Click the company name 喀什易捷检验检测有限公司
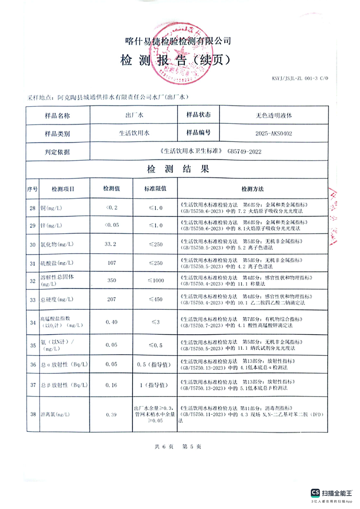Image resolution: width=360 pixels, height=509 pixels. point(178,40)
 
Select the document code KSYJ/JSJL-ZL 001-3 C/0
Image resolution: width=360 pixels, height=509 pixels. point(299,78)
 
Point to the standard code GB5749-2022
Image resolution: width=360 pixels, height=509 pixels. point(244,152)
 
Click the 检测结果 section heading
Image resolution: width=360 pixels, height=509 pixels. point(178,170)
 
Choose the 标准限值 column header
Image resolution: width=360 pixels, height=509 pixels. point(155,188)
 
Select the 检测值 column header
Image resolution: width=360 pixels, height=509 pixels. point(111,188)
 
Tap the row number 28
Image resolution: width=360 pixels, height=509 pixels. point(32,208)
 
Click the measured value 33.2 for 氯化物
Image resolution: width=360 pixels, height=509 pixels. point(111,244)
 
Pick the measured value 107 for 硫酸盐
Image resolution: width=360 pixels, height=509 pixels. point(112,263)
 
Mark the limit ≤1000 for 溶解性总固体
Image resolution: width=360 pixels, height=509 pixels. point(155,281)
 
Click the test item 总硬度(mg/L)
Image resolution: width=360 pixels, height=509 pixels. point(57,300)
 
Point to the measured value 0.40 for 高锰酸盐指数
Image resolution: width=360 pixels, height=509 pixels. point(111,322)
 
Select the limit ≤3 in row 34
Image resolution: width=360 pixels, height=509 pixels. point(155,322)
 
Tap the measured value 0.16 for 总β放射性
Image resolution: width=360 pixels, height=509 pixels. point(111,385)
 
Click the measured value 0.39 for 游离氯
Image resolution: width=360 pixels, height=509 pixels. point(111,415)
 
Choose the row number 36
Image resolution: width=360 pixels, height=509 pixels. point(32,364)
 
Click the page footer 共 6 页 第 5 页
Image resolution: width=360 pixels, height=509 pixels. point(178,446)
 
